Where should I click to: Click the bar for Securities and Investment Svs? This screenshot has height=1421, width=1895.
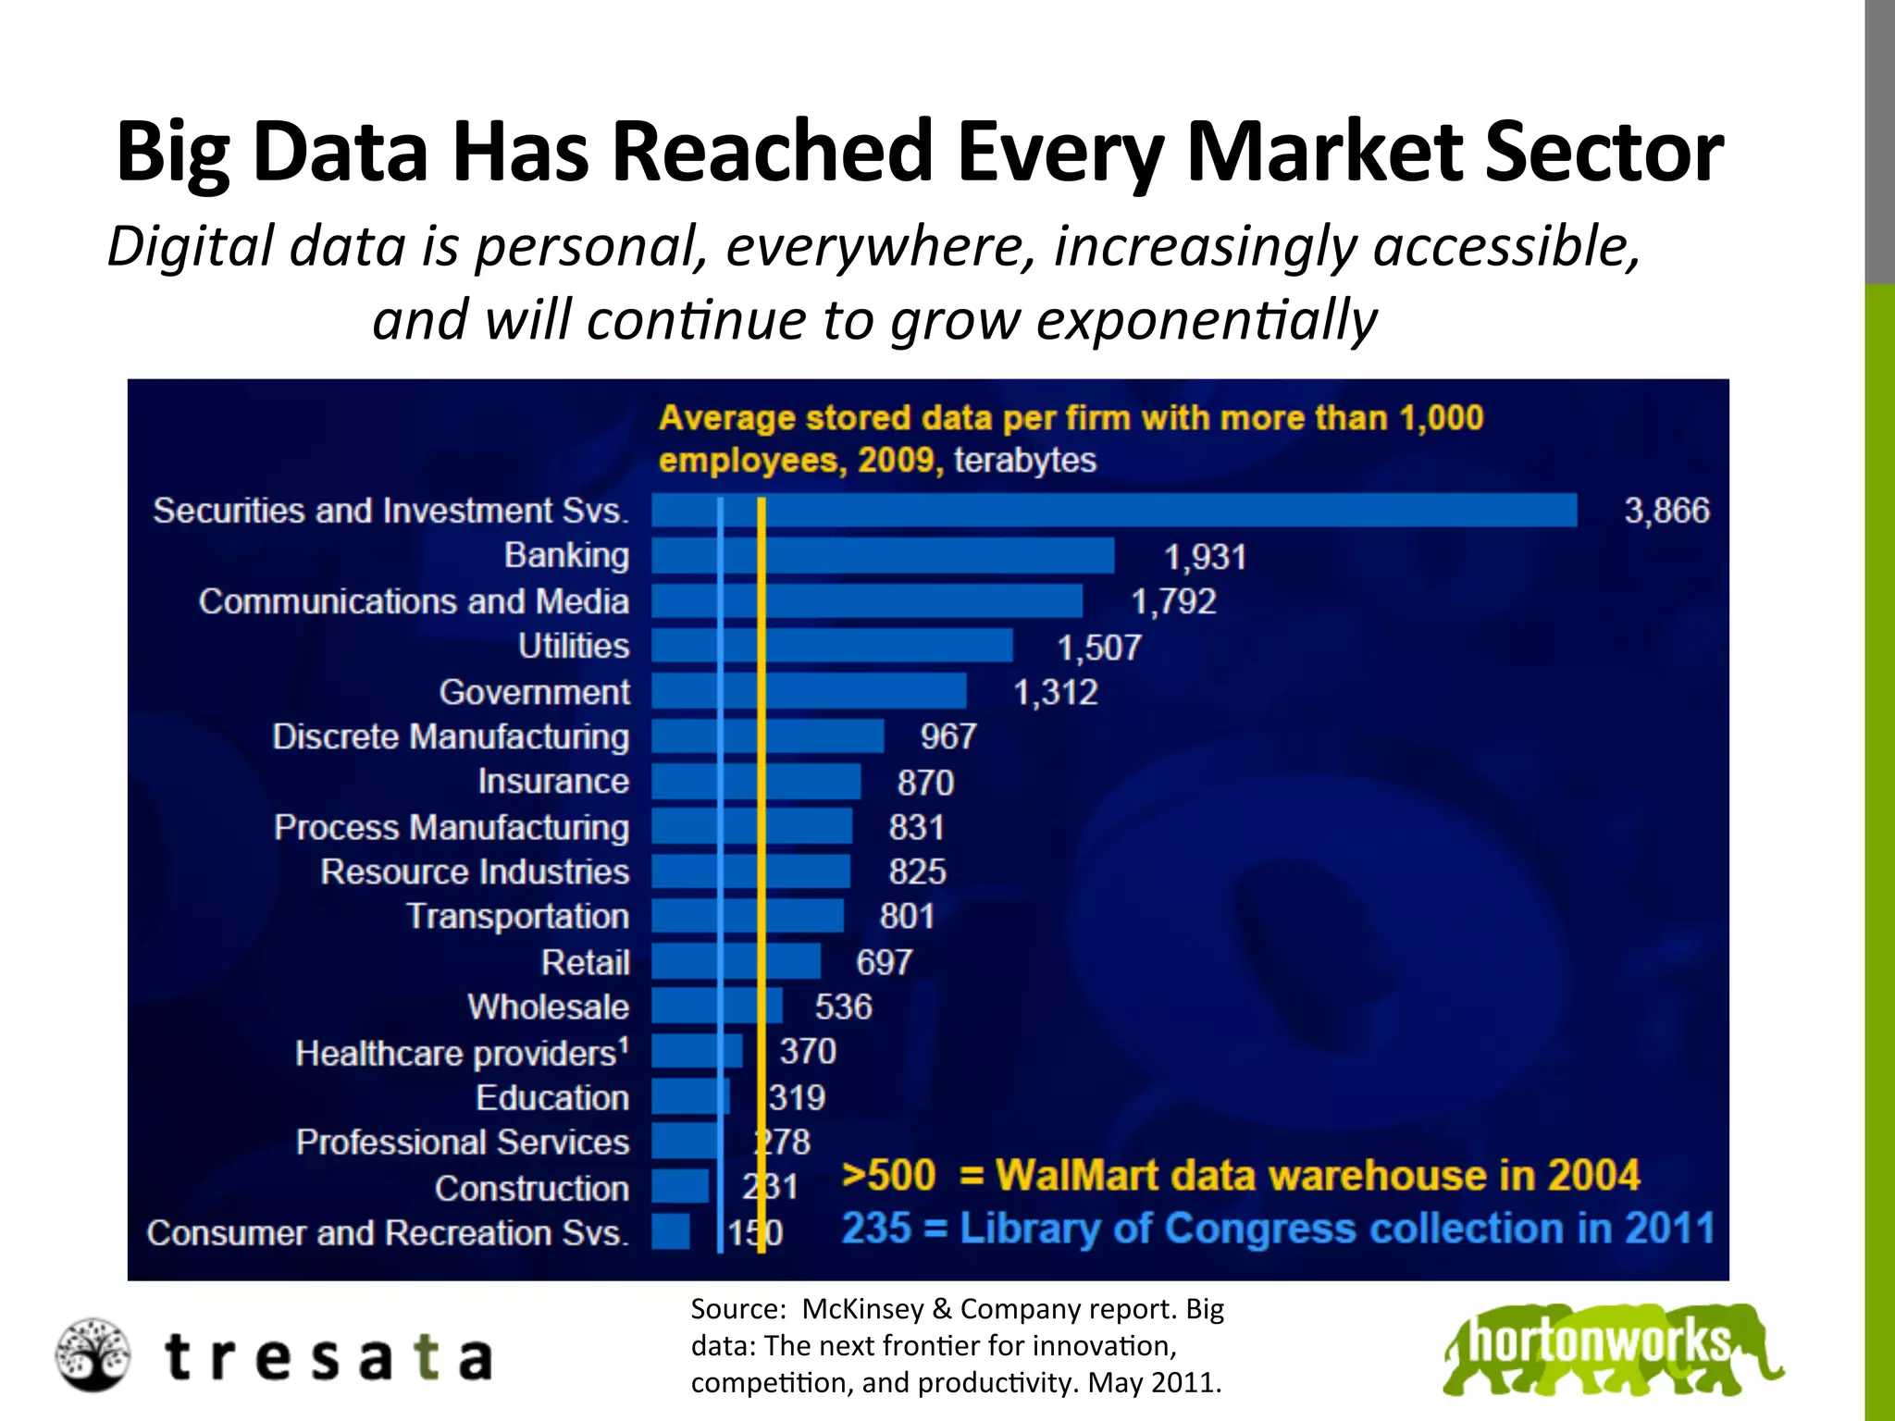pyautogui.click(x=1114, y=510)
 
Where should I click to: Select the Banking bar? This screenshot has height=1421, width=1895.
pyautogui.click(x=883, y=556)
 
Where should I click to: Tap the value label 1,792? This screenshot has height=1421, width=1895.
pyautogui.click(x=1173, y=602)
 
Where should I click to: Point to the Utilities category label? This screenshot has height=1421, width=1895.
pyautogui.click(x=574, y=646)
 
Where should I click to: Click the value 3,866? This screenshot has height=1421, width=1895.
pyautogui.click(x=1666, y=511)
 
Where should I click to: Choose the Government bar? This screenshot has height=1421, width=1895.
pyautogui.click(x=809, y=691)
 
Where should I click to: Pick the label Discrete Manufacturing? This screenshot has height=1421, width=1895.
pyautogui.click(x=451, y=737)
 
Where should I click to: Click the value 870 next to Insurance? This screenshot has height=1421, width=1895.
pyautogui.click(x=925, y=783)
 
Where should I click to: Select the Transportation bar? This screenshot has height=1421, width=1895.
pyautogui.click(x=748, y=916)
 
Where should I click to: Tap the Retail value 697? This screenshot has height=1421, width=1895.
pyautogui.click(x=884, y=962)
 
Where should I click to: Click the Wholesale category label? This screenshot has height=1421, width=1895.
pyautogui.click(x=548, y=1007)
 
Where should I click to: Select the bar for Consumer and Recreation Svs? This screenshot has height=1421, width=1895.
pyautogui.click(x=671, y=1231)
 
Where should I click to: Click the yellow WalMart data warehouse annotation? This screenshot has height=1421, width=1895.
pyautogui.click(x=1240, y=1175)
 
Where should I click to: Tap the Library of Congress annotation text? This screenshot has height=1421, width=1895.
pyautogui.click(x=1277, y=1229)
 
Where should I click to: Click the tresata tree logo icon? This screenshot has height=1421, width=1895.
pyautogui.click(x=92, y=1355)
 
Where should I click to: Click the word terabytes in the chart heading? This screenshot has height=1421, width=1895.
pyautogui.click(x=1024, y=460)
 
